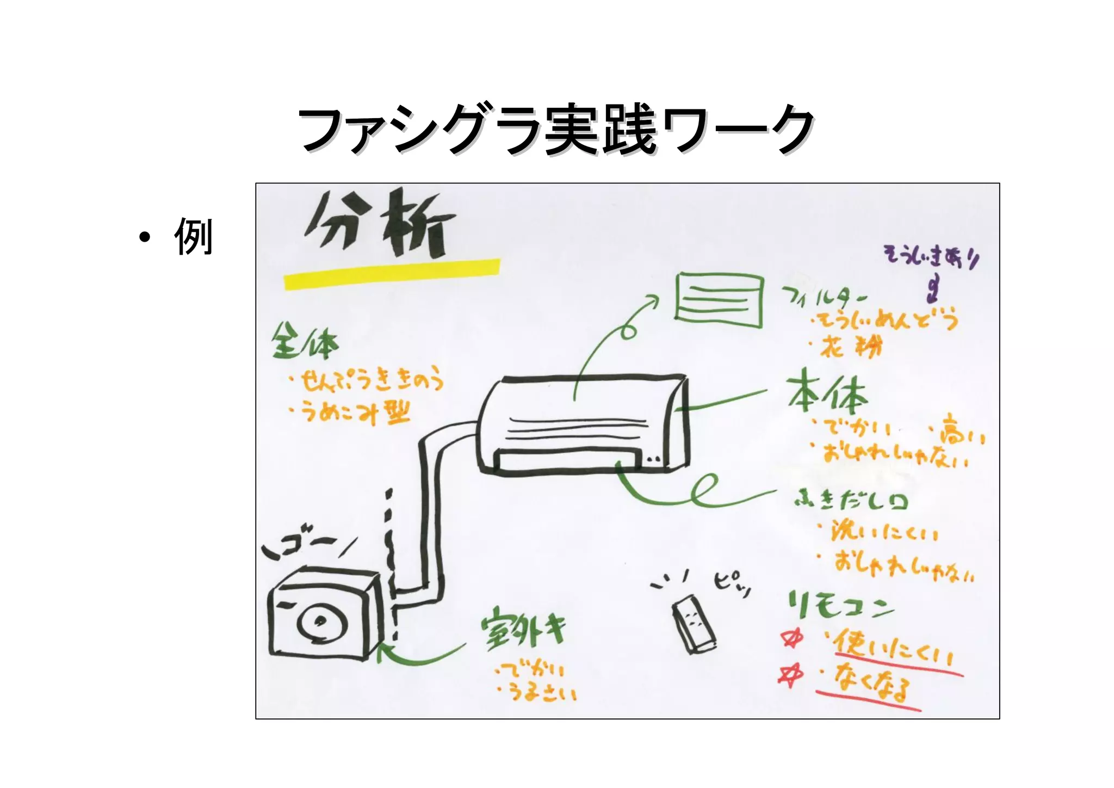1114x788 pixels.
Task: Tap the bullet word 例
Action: (193, 237)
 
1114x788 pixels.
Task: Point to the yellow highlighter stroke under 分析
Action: (392, 274)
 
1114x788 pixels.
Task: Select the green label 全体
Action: (305, 342)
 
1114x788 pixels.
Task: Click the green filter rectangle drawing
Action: (719, 300)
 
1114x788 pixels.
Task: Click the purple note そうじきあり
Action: (931, 256)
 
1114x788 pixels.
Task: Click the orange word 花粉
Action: (851, 347)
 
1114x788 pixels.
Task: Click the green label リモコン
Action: (840, 606)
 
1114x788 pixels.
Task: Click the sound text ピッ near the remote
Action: (732, 583)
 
